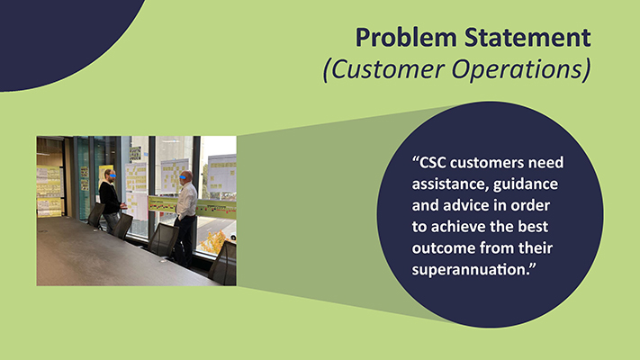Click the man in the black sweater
coord(109,198)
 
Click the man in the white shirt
coord(186,207)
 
